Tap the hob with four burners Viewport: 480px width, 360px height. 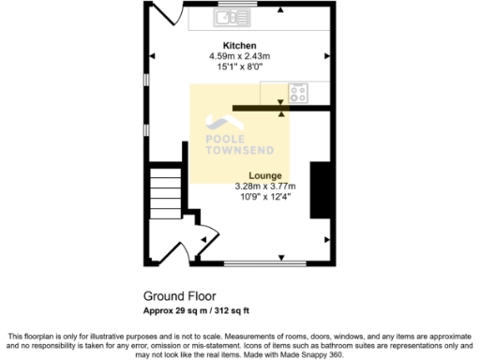tap(298, 93)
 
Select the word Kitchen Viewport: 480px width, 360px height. tap(239, 46)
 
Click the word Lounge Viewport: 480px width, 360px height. tap(264, 175)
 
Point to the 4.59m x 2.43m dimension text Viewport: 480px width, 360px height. tap(239, 56)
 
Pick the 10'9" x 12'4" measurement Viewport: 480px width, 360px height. tap(264, 196)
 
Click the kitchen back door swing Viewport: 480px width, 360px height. tap(168, 14)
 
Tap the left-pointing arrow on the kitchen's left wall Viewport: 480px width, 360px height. tap(153, 55)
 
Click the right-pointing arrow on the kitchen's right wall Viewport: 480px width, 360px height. tap(327, 55)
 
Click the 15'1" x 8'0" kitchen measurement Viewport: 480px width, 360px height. tap(239, 67)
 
